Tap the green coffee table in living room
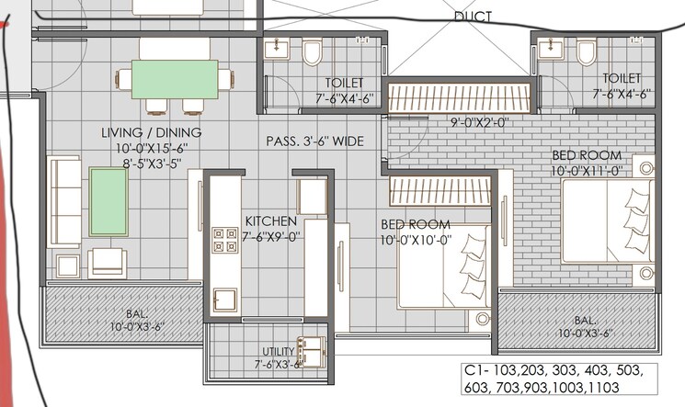[108, 201]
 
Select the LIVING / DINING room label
[152, 133]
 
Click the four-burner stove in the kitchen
[224, 240]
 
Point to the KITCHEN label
[270, 221]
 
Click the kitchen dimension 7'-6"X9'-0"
[270, 237]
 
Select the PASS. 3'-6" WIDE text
[314, 141]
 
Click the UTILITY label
[278, 351]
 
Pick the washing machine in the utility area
[314, 348]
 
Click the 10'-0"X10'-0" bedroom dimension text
[416, 240]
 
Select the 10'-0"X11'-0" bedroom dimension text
[587, 170]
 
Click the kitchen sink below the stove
[223, 300]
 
